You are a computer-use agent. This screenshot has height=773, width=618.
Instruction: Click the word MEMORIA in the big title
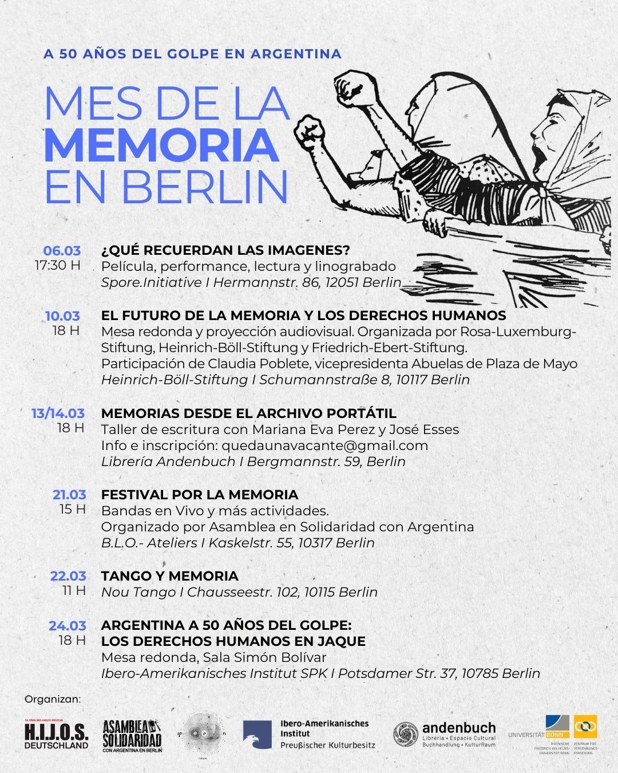[x=161, y=145]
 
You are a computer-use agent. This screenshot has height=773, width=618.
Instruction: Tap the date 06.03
[x=62, y=251]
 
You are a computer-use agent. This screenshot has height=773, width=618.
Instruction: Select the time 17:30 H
[x=57, y=266]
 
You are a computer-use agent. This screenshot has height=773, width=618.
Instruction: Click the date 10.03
[x=62, y=315]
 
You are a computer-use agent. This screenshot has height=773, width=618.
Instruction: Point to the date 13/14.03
[x=58, y=413]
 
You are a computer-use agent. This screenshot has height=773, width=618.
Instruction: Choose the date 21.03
[x=69, y=495]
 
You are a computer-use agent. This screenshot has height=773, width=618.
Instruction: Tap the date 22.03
[x=69, y=576]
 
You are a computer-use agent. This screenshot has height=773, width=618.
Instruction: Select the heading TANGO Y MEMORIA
[x=169, y=576]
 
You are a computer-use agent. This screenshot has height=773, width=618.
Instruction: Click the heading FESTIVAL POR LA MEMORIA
[x=200, y=495]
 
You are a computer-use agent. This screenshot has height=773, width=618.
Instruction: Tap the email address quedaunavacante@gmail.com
[x=324, y=445]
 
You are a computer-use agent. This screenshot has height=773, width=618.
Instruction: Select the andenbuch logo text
[x=459, y=728]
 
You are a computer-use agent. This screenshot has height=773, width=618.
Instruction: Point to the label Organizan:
[x=53, y=699]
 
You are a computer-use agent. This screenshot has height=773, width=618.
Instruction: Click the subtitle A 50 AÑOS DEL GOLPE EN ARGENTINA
[x=192, y=54]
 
